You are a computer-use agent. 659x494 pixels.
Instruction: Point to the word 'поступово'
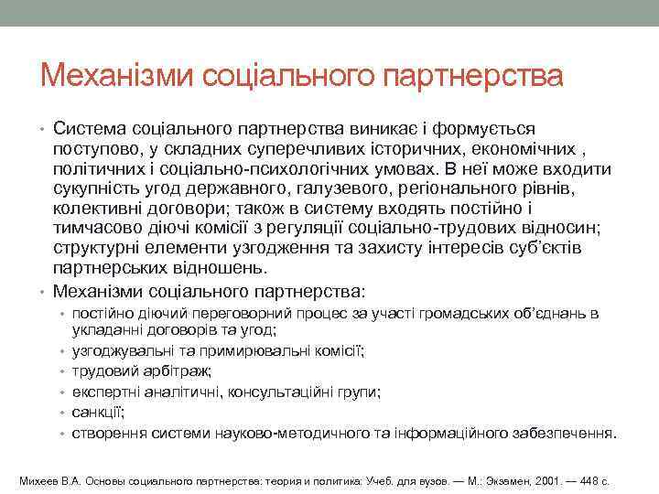click(x=94, y=149)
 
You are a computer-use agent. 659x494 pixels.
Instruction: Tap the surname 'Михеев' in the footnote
click(x=38, y=480)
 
